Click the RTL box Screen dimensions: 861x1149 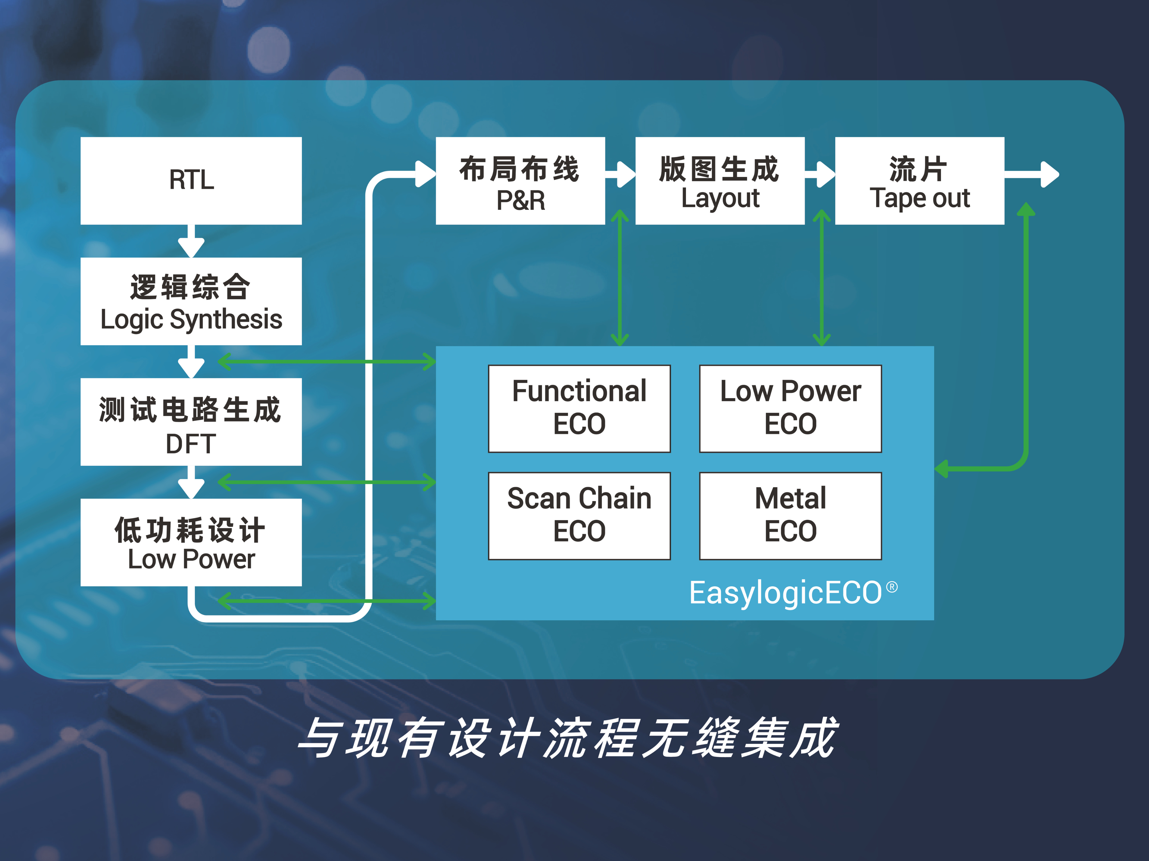pos(191,181)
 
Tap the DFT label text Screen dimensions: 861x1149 pos(191,444)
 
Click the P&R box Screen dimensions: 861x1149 pos(520,181)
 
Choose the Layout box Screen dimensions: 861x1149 pos(720,181)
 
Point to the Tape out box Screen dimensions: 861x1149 pos(919,181)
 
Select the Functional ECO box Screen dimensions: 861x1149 pos(579,408)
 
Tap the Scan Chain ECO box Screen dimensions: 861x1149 pos(579,515)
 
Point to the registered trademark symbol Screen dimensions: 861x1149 pos(891,587)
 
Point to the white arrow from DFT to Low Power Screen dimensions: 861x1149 pos(191,483)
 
